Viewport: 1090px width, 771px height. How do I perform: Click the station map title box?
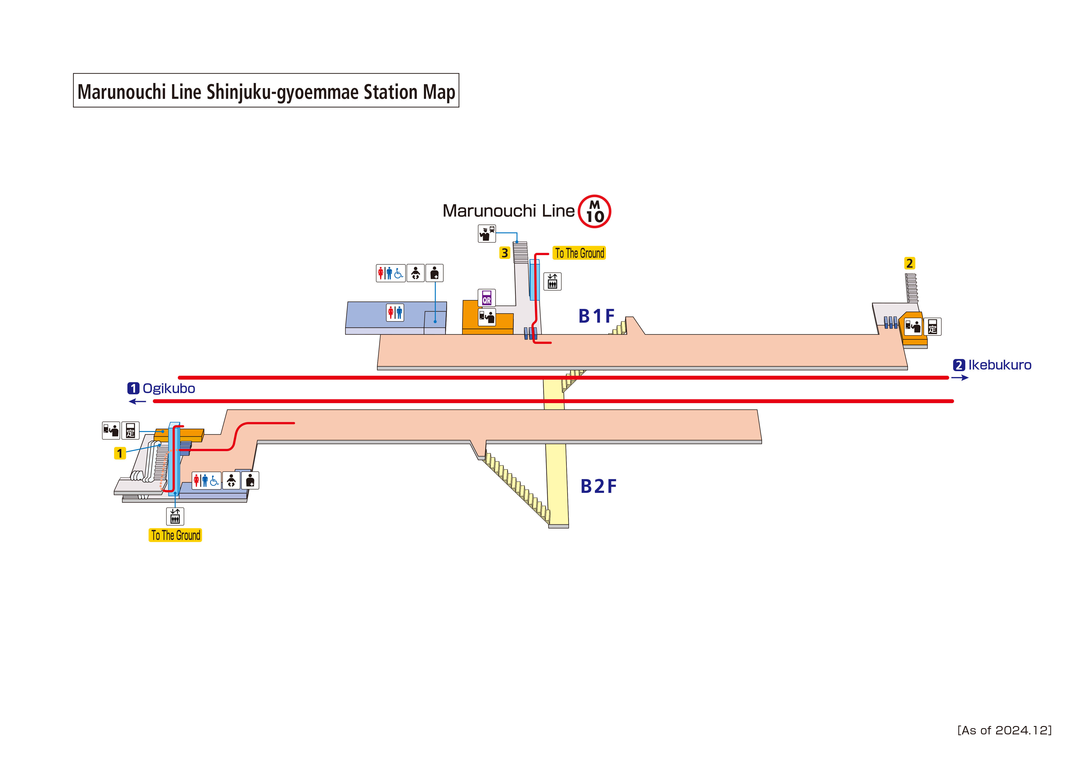[x=266, y=90]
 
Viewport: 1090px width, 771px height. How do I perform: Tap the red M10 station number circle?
[x=594, y=211]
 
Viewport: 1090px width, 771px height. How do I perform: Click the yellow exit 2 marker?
[x=909, y=263]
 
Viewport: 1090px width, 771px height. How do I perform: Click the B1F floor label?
[x=596, y=316]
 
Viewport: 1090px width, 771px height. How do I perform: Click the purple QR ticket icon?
[x=487, y=298]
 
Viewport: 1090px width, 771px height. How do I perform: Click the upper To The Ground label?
[x=579, y=253]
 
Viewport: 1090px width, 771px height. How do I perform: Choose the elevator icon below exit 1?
[x=175, y=516]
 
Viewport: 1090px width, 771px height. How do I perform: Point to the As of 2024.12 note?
[x=1004, y=730]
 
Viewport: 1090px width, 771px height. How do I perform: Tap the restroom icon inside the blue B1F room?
[x=395, y=313]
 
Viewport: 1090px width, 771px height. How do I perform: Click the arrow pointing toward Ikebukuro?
[x=959, y=378]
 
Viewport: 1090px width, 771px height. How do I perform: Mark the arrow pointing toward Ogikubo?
[x=138, y=401]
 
